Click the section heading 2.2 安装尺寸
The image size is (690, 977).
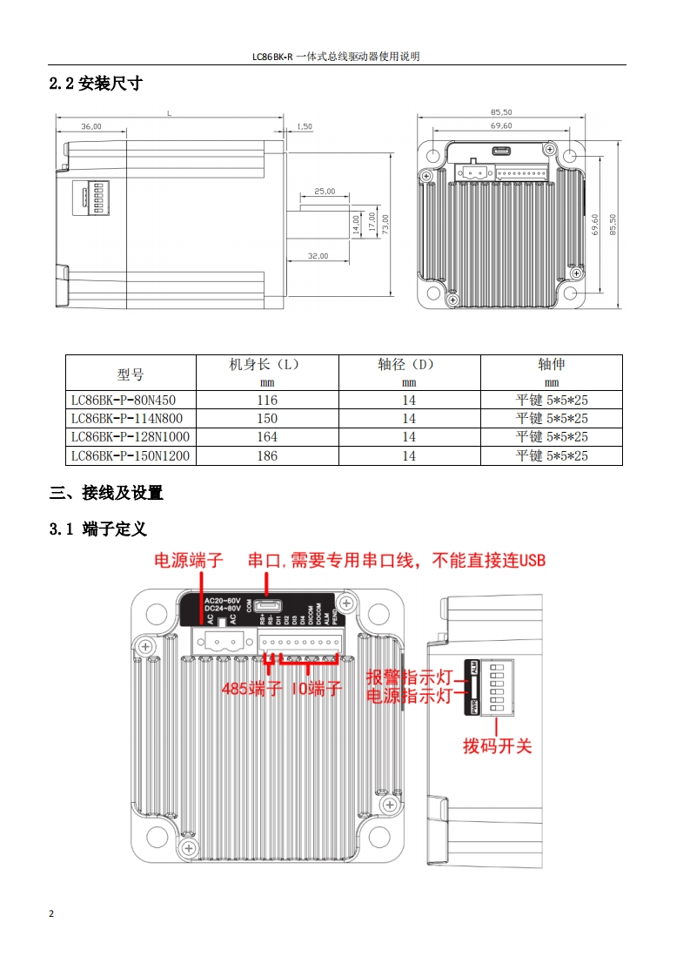96,84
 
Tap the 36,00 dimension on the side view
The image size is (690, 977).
90,126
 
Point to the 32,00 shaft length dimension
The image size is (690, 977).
318,256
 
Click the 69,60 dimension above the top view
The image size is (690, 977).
501,126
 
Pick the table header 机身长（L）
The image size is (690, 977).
267,365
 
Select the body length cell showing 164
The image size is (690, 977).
267,437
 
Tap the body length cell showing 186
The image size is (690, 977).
267,455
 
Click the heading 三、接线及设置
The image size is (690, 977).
106,493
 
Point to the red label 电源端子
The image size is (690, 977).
189,560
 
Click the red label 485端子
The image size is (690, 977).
252,690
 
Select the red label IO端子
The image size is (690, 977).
316,690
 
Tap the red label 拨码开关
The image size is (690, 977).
497,746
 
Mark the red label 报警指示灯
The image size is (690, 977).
408,677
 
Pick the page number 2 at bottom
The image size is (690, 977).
51,913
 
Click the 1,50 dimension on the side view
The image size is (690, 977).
305,126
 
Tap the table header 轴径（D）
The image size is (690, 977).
409,365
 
